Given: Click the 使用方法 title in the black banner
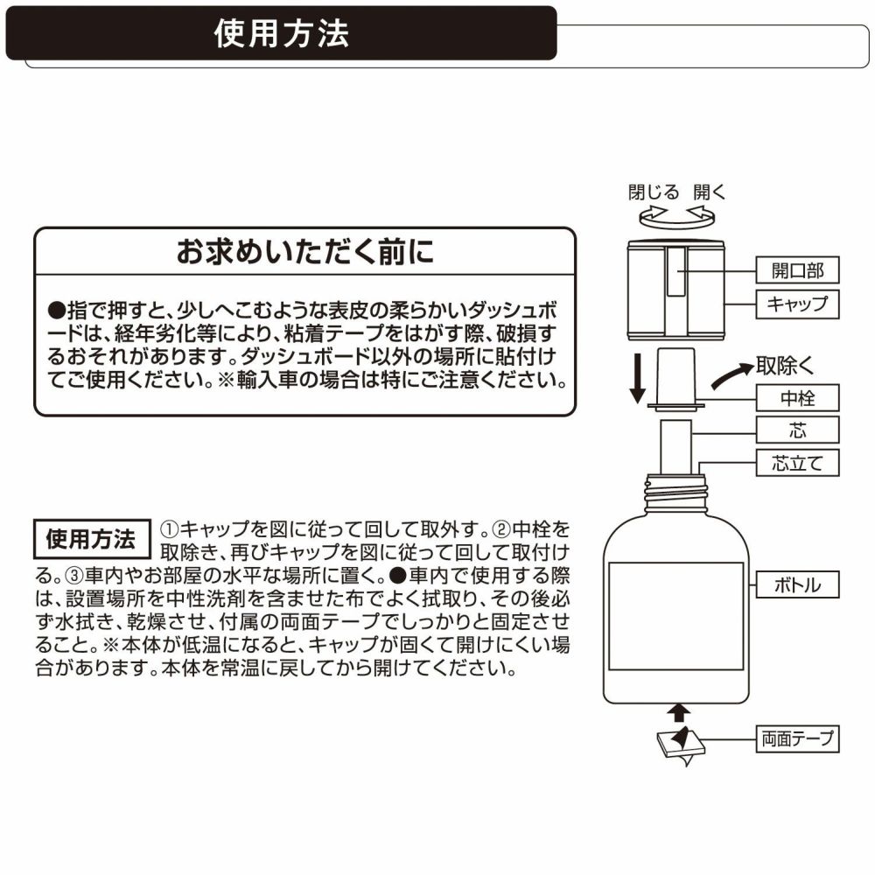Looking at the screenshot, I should point(281,33).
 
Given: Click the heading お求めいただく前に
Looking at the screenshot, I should point(304,254).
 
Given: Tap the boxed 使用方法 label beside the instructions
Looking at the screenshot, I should point(90,537).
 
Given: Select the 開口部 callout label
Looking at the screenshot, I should point(797,270).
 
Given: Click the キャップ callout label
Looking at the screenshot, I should point(797,304).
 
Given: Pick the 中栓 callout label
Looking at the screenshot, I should point(797,399).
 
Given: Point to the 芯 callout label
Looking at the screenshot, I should point(797,430).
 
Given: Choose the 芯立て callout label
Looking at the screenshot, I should point(797,462).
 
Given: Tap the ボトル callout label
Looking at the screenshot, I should point(797,584).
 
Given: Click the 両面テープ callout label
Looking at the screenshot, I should point(797,740).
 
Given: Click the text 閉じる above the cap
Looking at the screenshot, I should point(652,192).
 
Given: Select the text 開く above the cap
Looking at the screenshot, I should point(710,192).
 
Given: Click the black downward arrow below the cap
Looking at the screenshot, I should point(640,376).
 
